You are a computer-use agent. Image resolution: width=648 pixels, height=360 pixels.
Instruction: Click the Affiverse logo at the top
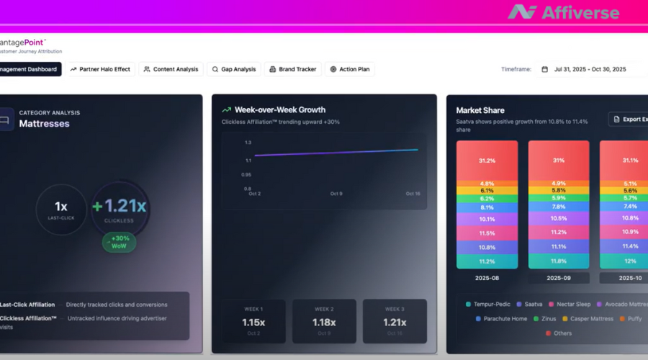tap(562, 12)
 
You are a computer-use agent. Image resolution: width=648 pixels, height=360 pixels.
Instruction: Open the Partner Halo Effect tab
tap(100, 69)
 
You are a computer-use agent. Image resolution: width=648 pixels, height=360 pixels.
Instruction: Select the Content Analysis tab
tap(171, 69)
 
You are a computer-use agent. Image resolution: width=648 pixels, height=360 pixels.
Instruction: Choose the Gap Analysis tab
tap(233, 69)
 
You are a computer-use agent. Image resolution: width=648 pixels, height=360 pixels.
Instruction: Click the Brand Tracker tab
tap(292, 69)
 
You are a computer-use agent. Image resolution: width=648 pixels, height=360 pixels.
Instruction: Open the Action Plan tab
tap(350, 69)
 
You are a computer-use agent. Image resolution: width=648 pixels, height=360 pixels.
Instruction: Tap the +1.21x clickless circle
tap(120, 207)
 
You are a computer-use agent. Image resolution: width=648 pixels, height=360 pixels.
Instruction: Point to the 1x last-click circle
tap(61, 208)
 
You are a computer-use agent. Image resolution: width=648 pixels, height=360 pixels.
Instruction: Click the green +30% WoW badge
tap(119, 241)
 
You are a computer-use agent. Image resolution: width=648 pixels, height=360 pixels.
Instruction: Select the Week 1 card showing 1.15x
tap(253, 320)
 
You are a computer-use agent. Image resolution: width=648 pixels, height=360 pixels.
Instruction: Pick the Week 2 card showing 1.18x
tap(324, 320)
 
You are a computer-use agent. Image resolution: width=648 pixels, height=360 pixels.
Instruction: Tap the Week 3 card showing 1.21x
tap(395, 320)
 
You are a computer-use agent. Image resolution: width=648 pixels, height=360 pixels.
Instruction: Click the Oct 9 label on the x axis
tap(336, 194)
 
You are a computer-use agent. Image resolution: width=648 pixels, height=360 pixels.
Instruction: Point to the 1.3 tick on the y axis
tap(247, 143)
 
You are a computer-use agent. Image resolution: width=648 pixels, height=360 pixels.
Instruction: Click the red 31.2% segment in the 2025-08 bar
tap(487, 160)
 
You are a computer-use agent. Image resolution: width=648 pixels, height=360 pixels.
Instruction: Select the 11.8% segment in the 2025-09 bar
tap(559, 261)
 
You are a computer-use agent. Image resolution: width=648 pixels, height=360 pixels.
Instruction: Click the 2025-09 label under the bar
tap(559, 277)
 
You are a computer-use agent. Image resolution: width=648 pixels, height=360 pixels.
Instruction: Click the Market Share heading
tap(480, 110)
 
